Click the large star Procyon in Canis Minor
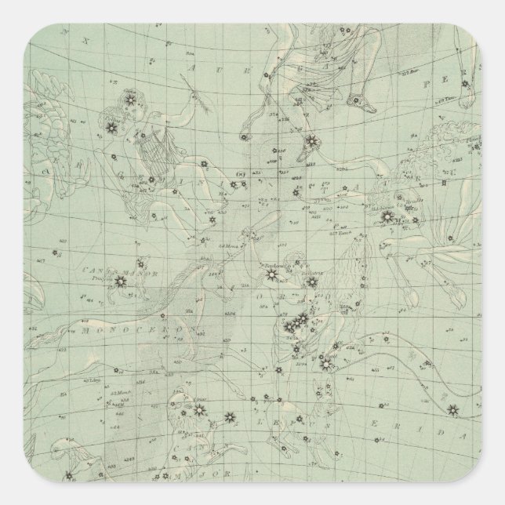(x=121, y=279)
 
